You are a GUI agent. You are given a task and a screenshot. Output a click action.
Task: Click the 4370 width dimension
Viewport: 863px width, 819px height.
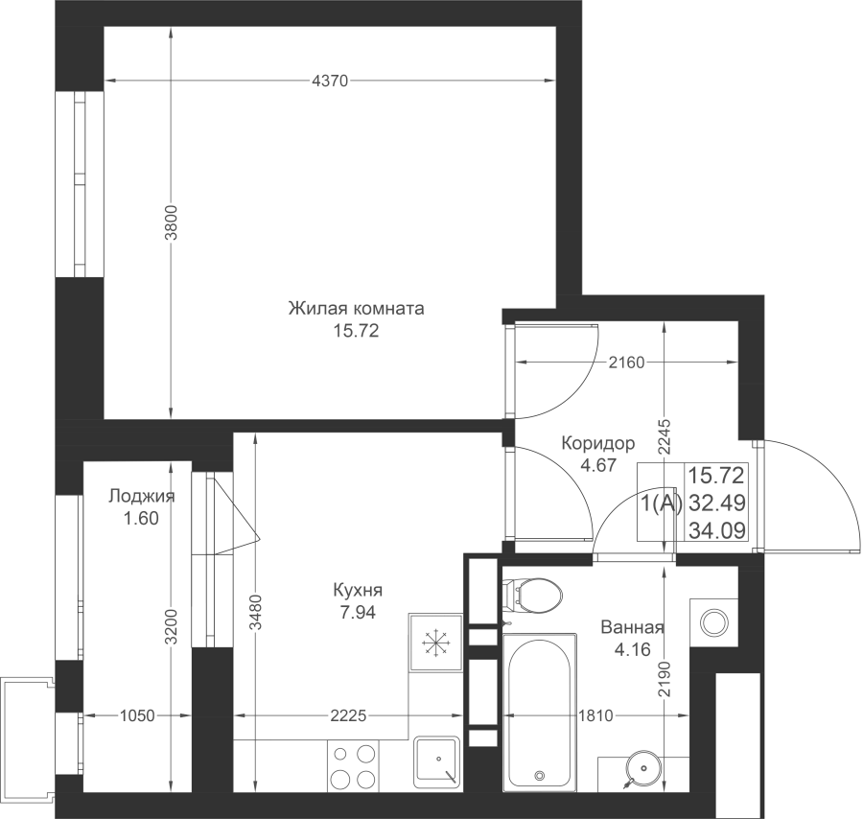point(330,82)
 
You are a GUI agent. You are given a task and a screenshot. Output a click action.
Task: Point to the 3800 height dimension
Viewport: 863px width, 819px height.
point(172,222)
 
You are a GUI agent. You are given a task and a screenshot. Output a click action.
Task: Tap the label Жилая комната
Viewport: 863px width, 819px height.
point(356,308)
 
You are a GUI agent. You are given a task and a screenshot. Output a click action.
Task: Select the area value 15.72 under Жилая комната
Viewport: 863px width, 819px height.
point(356,332)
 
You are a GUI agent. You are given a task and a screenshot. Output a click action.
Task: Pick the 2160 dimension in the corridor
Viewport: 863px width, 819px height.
point(626,363)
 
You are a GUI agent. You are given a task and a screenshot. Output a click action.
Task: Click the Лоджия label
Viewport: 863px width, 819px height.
point(142,496)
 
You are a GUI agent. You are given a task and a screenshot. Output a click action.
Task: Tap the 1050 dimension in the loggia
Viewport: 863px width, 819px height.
point(137,716)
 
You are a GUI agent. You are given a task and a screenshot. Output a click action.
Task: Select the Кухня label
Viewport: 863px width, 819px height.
point(358,591)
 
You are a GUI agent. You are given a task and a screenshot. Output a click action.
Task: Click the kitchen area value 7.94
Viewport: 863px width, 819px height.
point(358,613)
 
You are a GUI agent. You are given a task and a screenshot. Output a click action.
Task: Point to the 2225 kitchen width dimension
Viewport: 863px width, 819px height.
point(348,716)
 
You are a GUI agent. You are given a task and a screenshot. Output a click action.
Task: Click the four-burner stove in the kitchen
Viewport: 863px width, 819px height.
point(353,765)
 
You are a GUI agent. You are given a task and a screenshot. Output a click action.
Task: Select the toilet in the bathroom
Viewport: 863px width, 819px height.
point(532,595)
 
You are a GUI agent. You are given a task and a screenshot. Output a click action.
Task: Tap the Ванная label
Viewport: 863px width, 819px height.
point(633,627)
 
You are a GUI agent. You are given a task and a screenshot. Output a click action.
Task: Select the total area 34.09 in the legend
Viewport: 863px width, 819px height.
point(717,531)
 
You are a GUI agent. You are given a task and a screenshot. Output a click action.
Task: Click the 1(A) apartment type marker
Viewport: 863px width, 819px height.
point(662,503)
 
